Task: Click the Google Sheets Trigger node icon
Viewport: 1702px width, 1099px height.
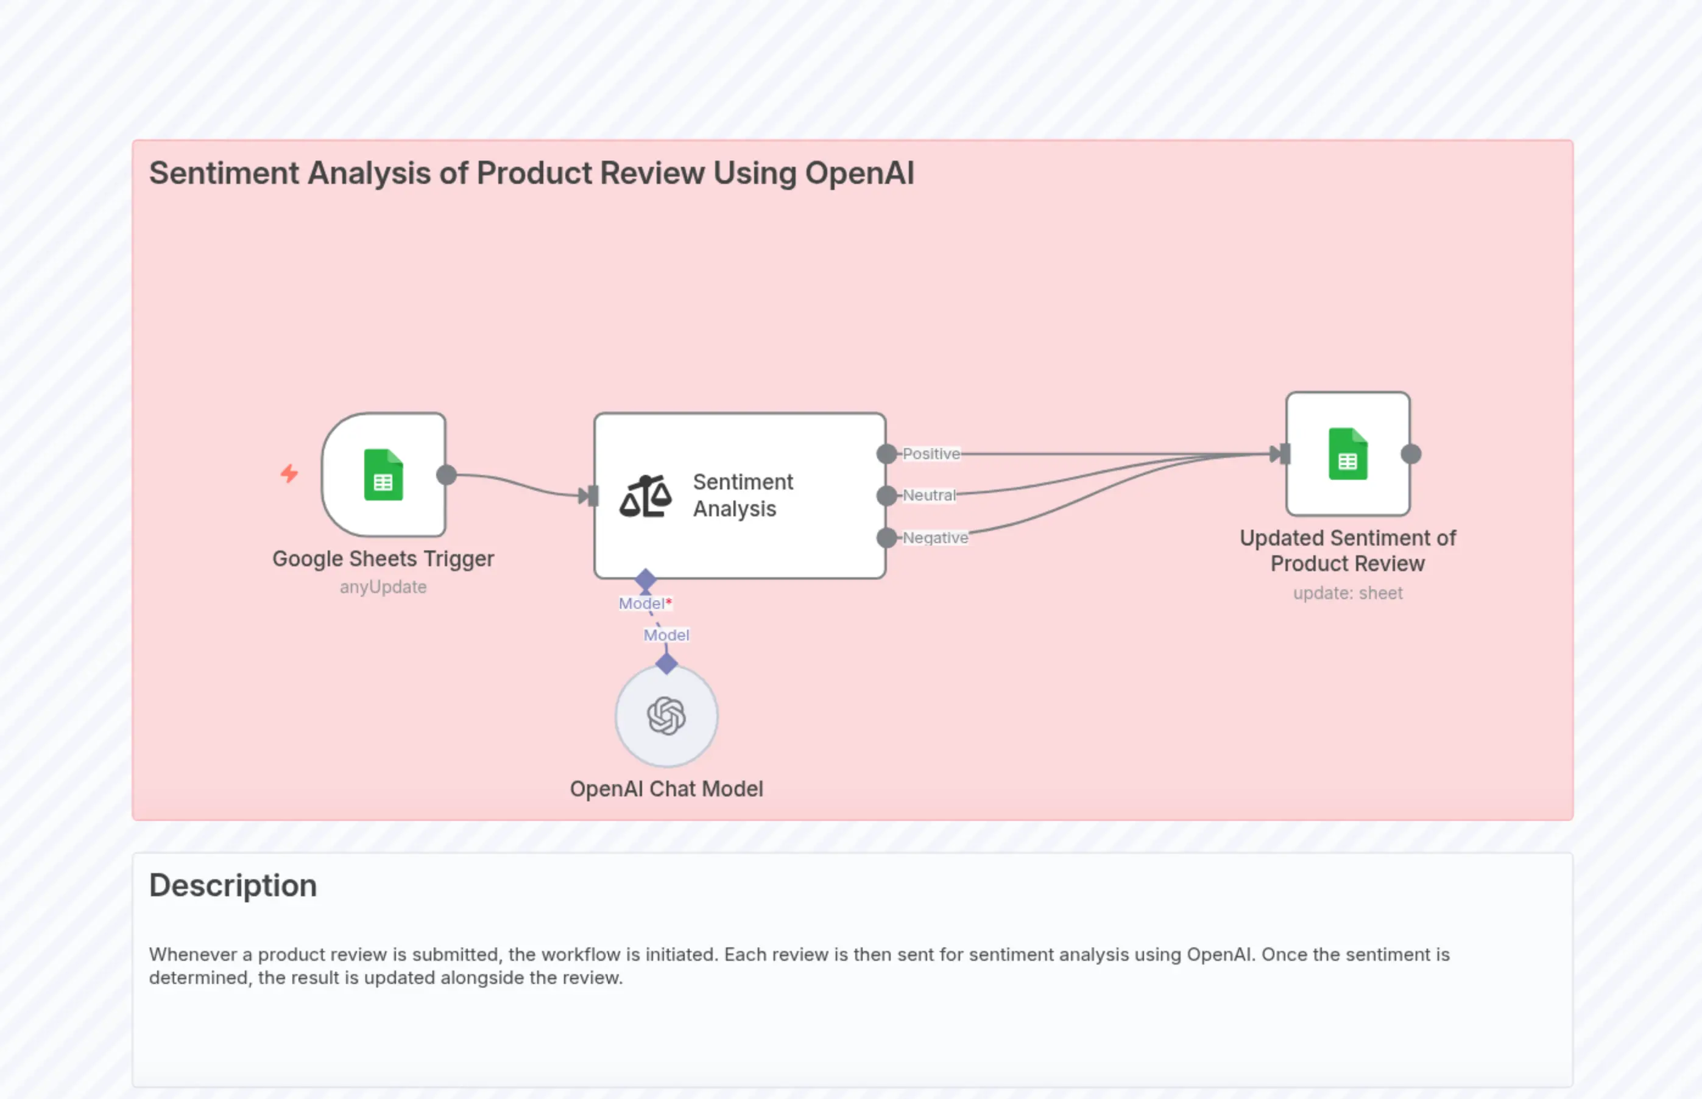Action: coord(383,474)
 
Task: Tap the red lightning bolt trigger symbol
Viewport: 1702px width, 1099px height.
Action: coord(289,473)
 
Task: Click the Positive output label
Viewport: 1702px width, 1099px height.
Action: coord(931,454)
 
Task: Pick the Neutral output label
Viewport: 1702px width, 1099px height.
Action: coord(928,495)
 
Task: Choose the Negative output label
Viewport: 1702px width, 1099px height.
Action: coord(935,538)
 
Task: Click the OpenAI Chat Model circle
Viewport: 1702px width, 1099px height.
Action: coord(666,716)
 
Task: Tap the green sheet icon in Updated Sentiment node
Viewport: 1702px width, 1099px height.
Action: coord(1347,454)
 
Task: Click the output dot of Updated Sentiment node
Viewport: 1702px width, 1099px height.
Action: coord(1411,454)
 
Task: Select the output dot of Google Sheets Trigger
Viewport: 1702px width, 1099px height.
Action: coord(446,474)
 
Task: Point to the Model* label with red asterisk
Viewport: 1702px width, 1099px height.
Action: coord(644,604)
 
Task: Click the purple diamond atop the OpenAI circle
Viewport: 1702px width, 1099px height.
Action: coord(666,664)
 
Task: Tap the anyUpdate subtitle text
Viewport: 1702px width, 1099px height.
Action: coord(383,586)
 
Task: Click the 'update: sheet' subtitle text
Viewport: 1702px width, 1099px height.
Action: coord(1347,593)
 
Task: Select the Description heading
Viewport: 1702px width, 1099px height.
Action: coord(233,886)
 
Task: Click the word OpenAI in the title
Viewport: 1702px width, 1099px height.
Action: coord(859,174)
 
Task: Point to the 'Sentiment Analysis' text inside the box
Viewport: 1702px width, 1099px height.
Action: coord(742,495)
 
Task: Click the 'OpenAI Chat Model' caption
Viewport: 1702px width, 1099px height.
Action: coord(666,788)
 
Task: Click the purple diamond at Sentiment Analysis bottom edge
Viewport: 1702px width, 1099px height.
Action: coord(645,580)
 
